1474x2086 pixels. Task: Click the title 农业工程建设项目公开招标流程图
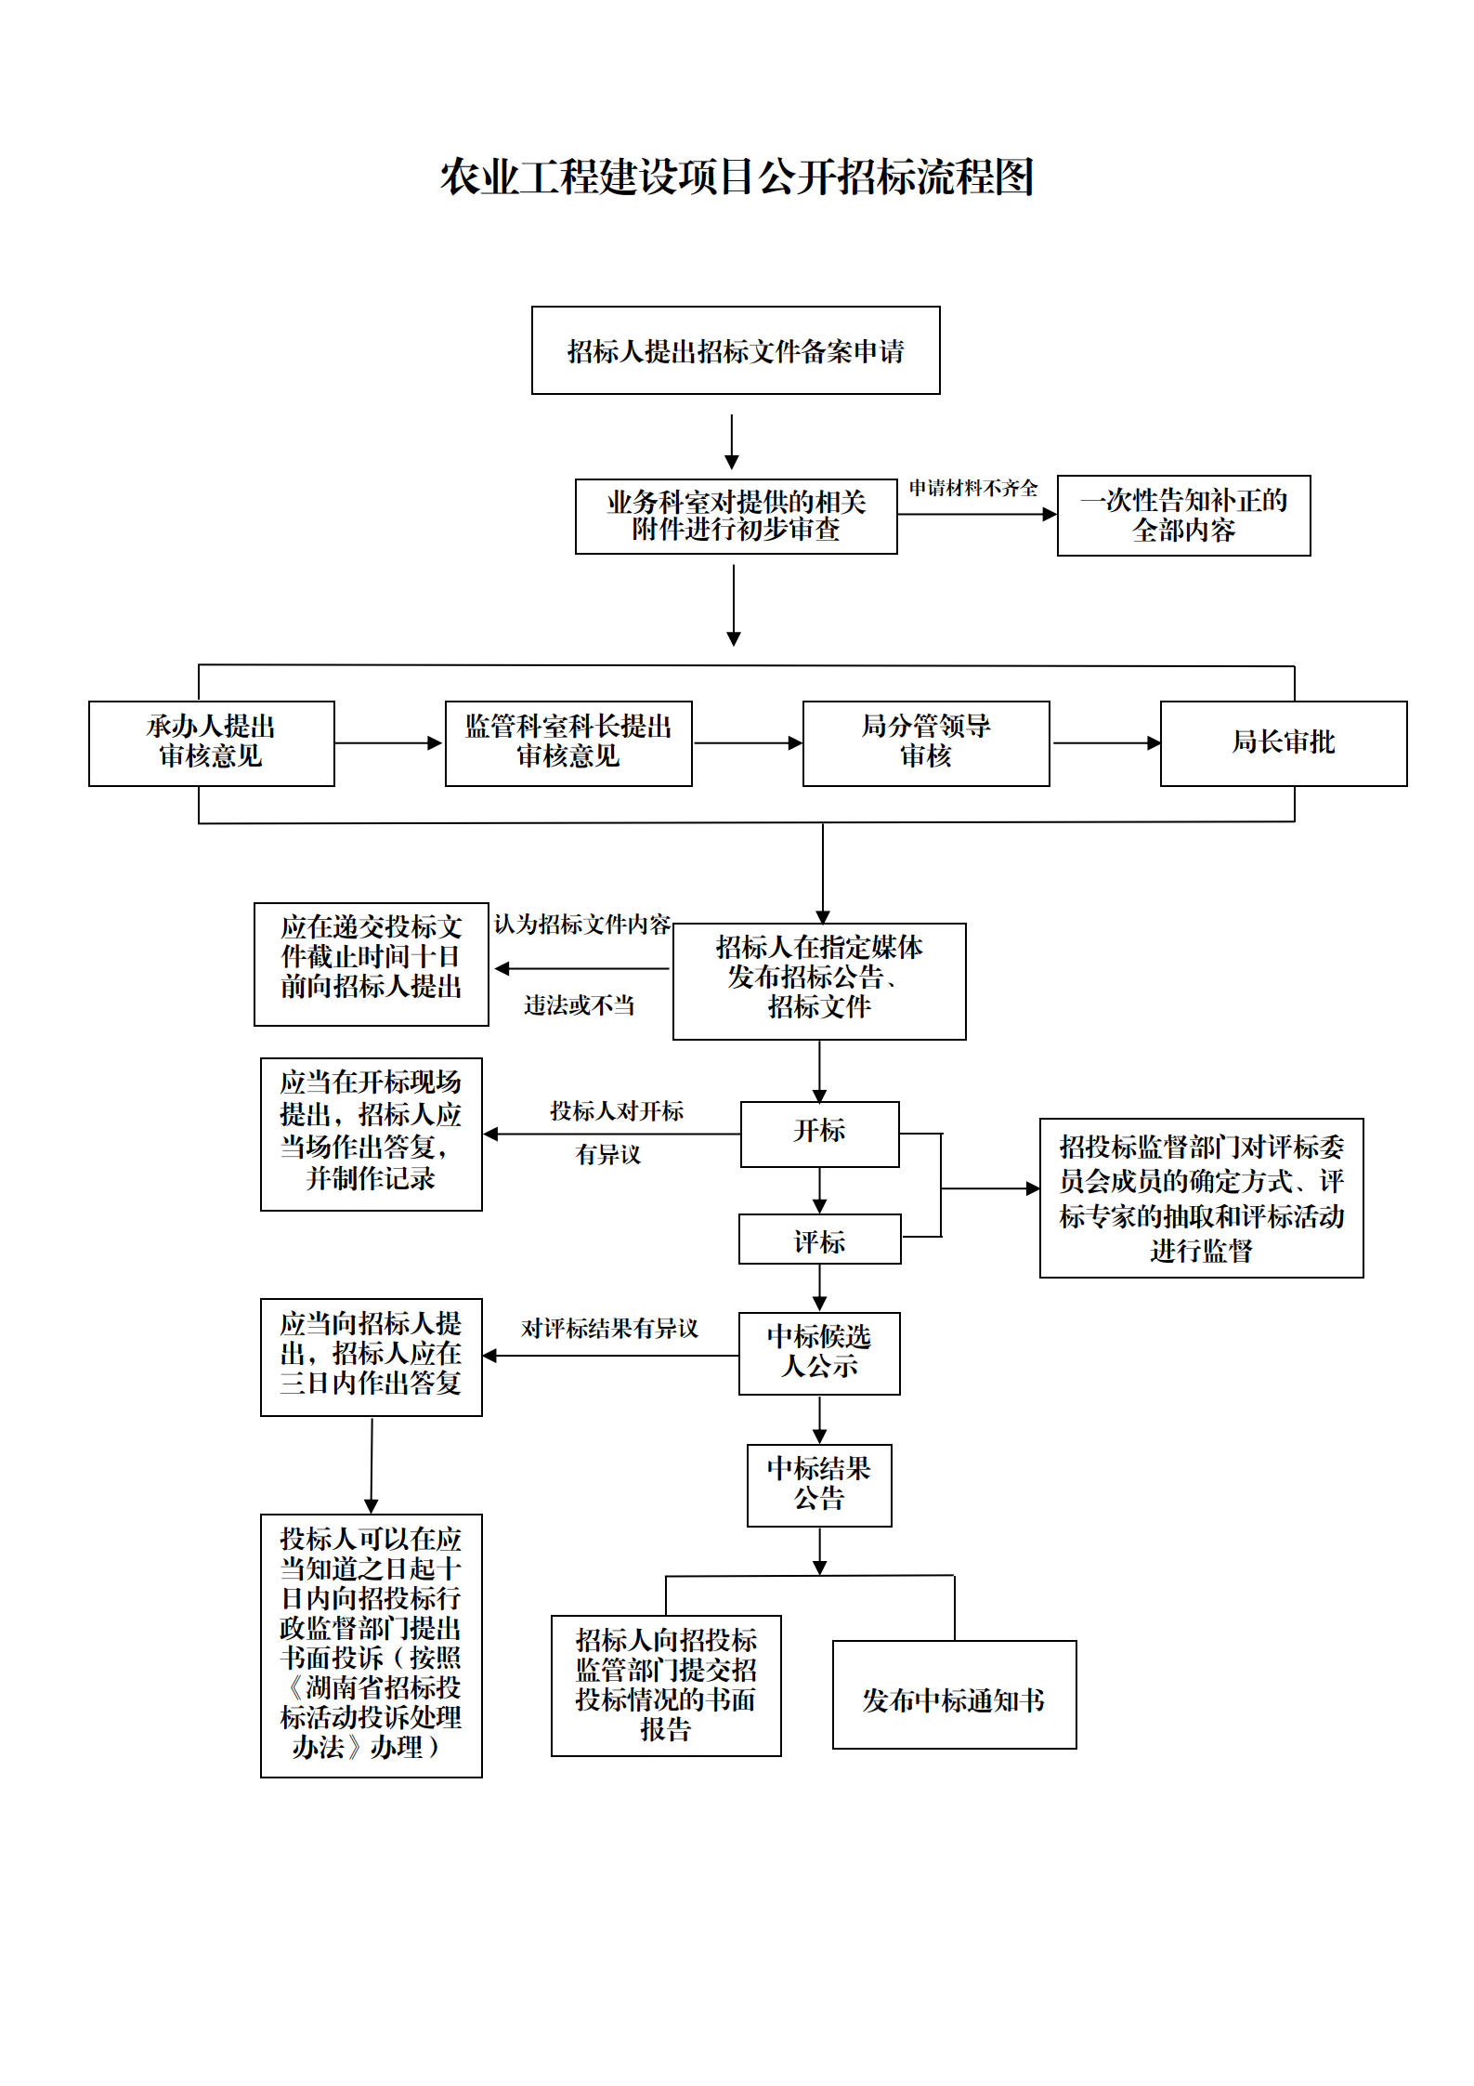(x=737, y=177)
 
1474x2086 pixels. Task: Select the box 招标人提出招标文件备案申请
(x=736, y=350)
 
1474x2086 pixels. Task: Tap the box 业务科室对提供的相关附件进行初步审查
(x=737, y=517)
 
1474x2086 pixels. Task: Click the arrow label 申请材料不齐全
(x=973, y=488)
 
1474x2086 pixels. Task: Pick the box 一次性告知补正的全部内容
(x=1184, y=516)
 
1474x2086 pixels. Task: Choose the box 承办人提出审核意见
(x=212, y=743)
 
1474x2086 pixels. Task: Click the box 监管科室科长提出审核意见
(x=568, y=743)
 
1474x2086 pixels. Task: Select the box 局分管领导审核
(x=926, y=743)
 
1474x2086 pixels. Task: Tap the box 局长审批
(x=1284, y=743)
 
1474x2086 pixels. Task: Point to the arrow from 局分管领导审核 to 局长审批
(x=1106, y=743)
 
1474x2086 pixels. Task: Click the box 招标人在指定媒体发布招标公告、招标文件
(x=819, y=981)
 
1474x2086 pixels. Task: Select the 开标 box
(x=820, y=1134)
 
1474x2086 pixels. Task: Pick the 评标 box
(x=820, y=1239)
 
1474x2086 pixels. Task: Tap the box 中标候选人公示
(x=819, y=1353)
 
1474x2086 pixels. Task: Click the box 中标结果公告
(x=819, y=1485)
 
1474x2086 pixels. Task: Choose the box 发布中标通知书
(x=955, y=1694)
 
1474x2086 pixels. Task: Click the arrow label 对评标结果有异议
(x=609, y=1329)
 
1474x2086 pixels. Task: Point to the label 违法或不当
(x=580, y=1005)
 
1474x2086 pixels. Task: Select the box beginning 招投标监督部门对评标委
(x=1202, y=1198)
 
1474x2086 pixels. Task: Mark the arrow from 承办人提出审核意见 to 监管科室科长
(x=389, y=743)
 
